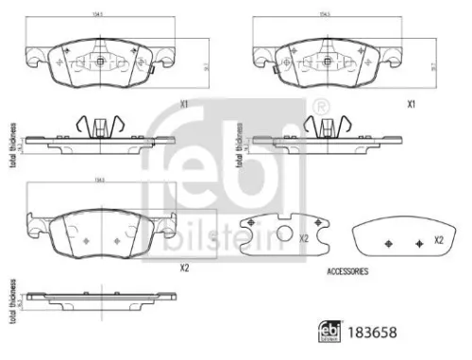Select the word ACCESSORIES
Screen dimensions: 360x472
pos(347,271)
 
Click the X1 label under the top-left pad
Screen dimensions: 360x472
pos(185,104)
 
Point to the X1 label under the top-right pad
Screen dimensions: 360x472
pos(412,104)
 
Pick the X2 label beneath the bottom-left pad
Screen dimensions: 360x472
pos(184,267)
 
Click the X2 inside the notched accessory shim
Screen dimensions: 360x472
pos(304,238)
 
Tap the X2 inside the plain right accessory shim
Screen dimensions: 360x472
pos(438,241)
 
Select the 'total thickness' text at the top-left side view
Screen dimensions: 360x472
pos(12,142)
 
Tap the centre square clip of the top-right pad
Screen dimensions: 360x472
pos(327,61)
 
